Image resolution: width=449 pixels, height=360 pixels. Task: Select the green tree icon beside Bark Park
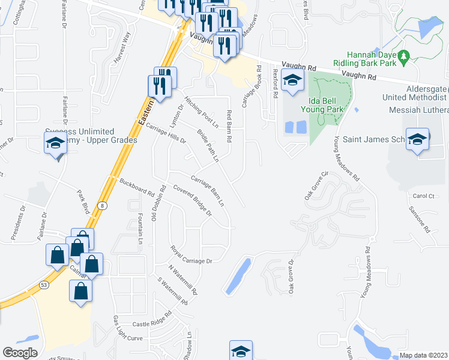pos(404,56)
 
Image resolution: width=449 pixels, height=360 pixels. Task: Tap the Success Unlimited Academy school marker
pos(55,143)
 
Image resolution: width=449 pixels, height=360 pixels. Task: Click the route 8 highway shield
pos(103,206)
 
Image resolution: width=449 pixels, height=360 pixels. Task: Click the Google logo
pos(20,352)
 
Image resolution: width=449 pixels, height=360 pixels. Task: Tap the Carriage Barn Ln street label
pos(208,191)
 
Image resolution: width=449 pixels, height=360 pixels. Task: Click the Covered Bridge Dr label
pos(193,201)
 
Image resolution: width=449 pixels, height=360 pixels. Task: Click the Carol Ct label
pos(423,196)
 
